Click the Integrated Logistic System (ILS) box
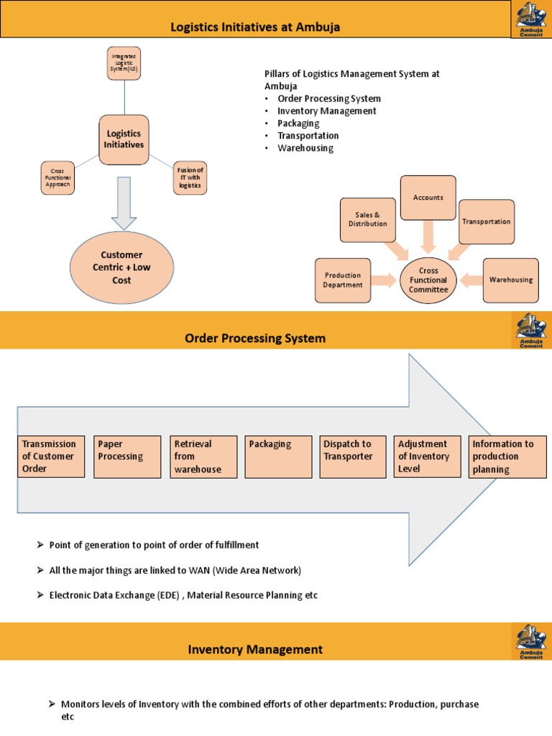[x=124, y=63]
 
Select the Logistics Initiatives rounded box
[x=124, y=139]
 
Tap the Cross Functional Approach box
[x=57, y=178]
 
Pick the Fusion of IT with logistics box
[x=190, y=178]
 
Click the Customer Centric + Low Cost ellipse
[x=121, y=267]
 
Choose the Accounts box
[x=428, y=198]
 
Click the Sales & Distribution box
[x=367, y=219]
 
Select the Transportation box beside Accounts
[x=486, y=221]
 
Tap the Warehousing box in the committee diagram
[x=510, y=280]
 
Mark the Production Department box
[x=343, y=280]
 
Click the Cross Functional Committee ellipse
[x=428, y=280]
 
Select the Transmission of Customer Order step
[x=49, y=456]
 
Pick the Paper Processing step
[x=127, y=456]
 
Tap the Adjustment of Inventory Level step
[x=428, y=456]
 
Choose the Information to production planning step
[x=507, y=457]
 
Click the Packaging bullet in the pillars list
[x=298, y=123]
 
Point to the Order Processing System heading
[x=255, y=338]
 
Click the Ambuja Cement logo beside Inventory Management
[x=531, y=641]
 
